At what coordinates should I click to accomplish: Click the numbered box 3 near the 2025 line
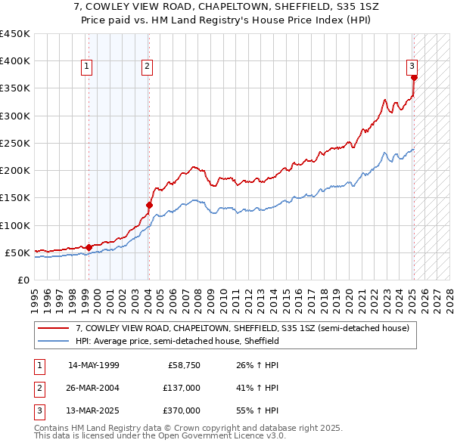pos(412,67)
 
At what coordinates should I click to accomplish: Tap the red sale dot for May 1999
pos(89,247)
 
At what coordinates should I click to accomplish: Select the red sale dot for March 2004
pos(150,204)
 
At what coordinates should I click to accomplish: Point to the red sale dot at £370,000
pos(414,77)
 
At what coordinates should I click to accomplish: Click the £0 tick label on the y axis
pos(23,280)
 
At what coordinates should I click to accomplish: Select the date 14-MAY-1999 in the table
pos(93,365)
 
